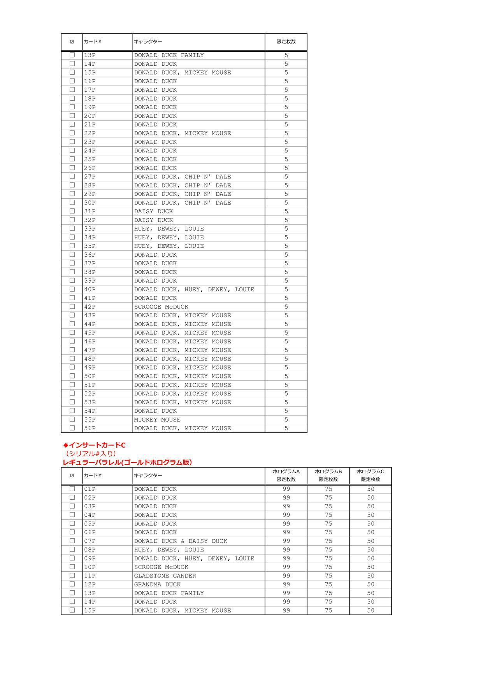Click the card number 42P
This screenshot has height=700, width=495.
[90, 307]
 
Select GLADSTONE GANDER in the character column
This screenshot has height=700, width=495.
[165, 576]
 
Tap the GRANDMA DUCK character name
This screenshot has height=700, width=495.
[157, 584]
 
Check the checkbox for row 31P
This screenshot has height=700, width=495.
[72, 211]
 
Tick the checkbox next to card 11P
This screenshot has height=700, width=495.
[72, 576]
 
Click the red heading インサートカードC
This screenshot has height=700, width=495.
[94, 445]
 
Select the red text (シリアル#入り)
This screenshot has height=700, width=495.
[90, 453]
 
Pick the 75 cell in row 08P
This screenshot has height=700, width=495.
[328, 549]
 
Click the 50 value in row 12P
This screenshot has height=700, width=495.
[370, 584]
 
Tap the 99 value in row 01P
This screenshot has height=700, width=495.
[286, 489]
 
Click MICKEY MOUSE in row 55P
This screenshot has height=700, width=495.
[157, 420]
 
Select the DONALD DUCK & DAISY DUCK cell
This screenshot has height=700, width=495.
[181, 541]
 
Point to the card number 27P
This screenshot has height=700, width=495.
[90, 177]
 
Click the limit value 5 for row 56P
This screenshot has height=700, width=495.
[286, 428]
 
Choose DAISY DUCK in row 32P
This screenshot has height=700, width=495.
[153, 220]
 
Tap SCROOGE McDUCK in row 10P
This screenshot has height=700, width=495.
[161, 567]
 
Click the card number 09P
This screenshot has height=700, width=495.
[90, 558]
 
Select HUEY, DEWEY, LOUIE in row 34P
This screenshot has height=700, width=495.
[169, 237]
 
